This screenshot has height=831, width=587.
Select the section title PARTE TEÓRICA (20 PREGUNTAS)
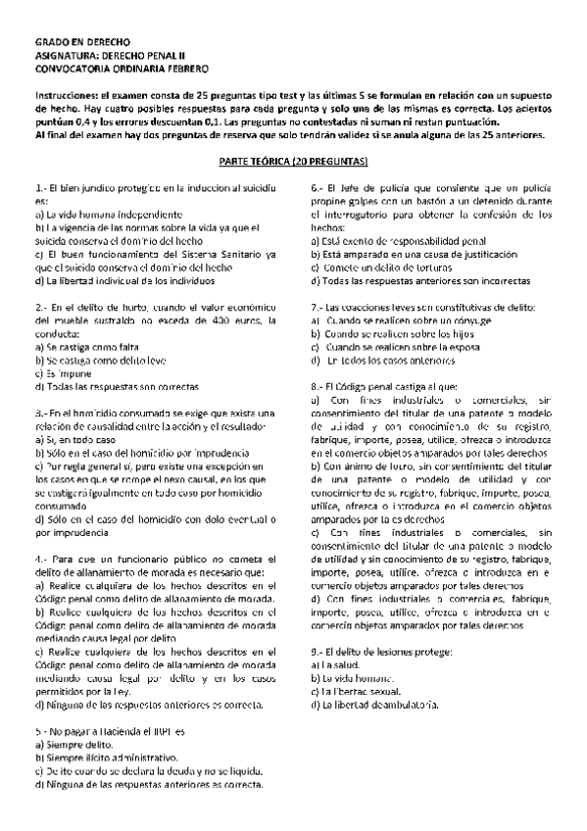tap(292, 158)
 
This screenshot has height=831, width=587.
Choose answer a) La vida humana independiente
tap(107, 214)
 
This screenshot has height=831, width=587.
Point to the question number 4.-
tap(41, 558)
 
